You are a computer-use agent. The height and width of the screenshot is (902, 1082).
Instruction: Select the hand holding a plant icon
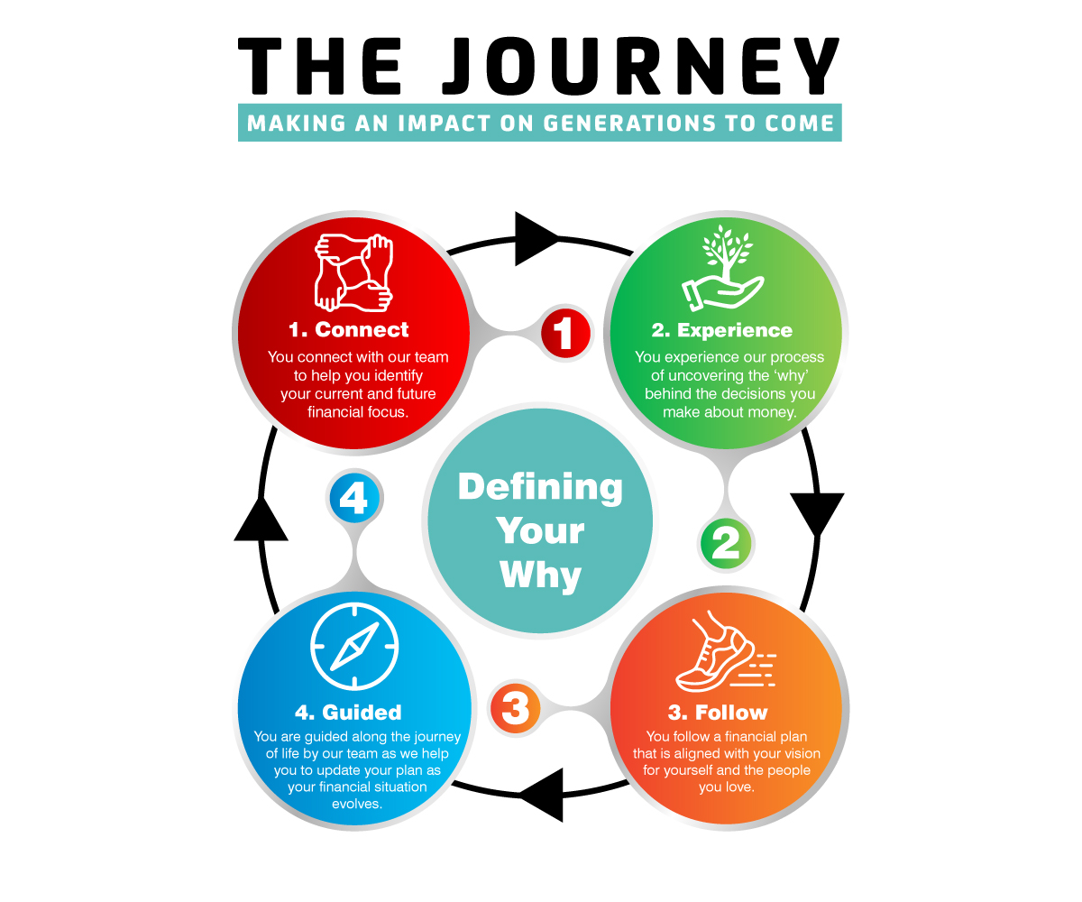tap(721, 268)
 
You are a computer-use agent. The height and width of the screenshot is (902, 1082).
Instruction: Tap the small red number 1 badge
tap(565, 333)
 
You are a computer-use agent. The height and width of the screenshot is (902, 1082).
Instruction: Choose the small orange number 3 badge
tap(515, 708)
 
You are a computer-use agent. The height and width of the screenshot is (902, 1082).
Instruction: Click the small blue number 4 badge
tap(353, 497)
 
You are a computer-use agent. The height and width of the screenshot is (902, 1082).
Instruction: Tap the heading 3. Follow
tap(719, 713)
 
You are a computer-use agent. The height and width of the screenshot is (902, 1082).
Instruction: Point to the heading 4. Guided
tap(348, 713)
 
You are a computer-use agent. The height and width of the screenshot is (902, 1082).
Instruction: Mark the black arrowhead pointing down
tap(817, 513)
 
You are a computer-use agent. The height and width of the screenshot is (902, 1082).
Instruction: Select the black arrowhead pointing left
tap(543, 795)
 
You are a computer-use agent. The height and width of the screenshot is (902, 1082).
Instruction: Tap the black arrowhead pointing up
tap(261, 520)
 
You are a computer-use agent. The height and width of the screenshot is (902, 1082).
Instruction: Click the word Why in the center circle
tap(541, 574)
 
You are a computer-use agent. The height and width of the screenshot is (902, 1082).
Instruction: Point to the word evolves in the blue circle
tap(357, 804)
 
